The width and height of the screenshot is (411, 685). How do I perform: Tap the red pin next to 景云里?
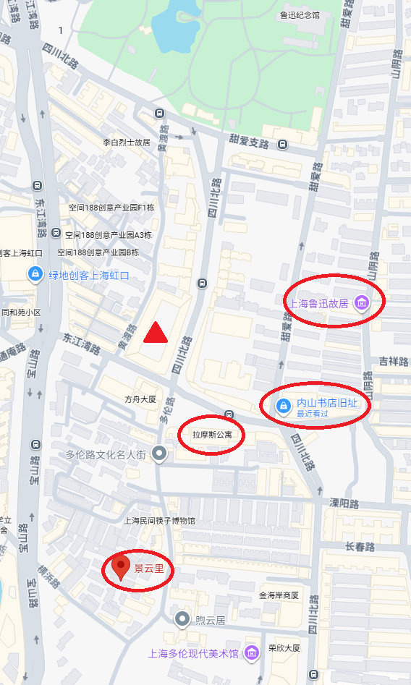click(122, 568)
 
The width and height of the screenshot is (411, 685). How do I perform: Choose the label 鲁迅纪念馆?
click(300, 14)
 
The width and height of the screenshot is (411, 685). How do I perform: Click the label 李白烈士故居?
click(126, 142)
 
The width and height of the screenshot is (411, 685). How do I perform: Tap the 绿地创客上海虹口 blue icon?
click(34, 275)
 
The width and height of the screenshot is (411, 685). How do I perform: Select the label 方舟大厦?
click(140, 399)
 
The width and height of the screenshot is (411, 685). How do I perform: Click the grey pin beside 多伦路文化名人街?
click(160, 454)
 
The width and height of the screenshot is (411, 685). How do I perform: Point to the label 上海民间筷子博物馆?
click(159, 521)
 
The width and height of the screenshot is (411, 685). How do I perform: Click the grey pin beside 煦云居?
click(182, 619)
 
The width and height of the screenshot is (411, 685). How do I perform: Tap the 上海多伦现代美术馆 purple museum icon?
click(251, 653)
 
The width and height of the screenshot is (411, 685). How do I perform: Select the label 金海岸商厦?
click(279, 595)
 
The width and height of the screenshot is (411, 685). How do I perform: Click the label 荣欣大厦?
click(284, 648)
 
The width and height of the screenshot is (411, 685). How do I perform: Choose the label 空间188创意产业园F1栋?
click(112, 208)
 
